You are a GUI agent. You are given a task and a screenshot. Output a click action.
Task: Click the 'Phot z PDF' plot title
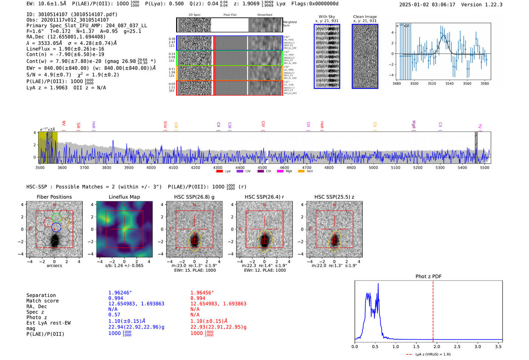tap(428, 277)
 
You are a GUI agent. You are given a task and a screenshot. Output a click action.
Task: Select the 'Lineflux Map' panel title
tap(124, 197)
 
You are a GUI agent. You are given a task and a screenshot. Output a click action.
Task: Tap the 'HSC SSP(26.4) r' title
tap(264, 197)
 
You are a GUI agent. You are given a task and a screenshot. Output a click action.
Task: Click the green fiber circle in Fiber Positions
tap(57, 218)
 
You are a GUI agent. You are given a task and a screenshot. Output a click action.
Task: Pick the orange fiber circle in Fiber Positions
tap(65, 222)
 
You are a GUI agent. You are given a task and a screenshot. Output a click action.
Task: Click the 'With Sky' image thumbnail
tap(327, 56)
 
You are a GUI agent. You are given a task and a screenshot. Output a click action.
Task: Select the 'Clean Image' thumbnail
tap(365, 56)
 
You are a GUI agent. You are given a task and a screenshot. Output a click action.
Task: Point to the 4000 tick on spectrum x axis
tap(151, 167)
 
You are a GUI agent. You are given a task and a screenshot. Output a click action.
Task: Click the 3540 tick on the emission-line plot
tap(449, 83)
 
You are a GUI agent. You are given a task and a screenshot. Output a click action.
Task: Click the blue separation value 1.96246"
tap(120, 293)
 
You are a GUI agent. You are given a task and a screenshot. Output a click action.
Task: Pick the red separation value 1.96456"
tap(202, 293)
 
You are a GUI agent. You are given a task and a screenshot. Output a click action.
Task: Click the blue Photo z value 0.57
tap(114, 315)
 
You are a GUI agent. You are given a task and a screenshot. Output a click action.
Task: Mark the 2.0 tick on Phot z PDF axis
tap(436, 346)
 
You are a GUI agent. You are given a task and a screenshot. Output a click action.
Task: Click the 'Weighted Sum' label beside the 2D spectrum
tap(290, 24)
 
